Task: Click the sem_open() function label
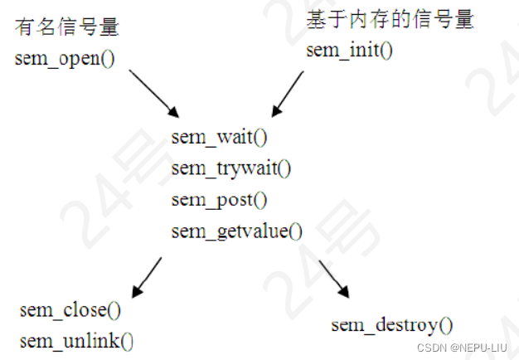[64, 61]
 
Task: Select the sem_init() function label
[349, 49]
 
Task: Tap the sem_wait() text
[220, 137]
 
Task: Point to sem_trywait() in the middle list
[231, 168]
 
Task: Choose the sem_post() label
[220, 200]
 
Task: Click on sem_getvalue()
[237, 231]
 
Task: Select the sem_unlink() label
[76, 340]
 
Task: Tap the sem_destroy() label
[392, 324]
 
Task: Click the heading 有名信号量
[67, 27]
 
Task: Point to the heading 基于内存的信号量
[390, 19]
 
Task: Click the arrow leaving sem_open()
[154, 93]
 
